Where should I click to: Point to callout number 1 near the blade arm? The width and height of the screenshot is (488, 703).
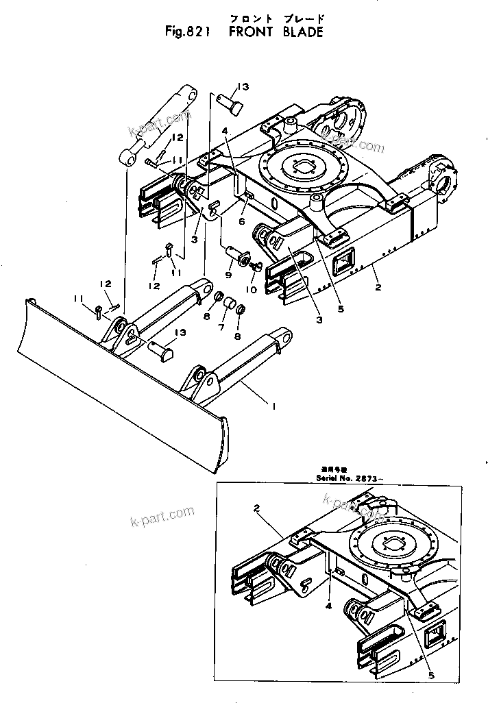coord(273,406)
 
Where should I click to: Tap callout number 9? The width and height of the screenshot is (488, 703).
coord(228,276)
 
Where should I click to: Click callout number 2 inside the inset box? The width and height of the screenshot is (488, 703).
coord(256,508)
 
